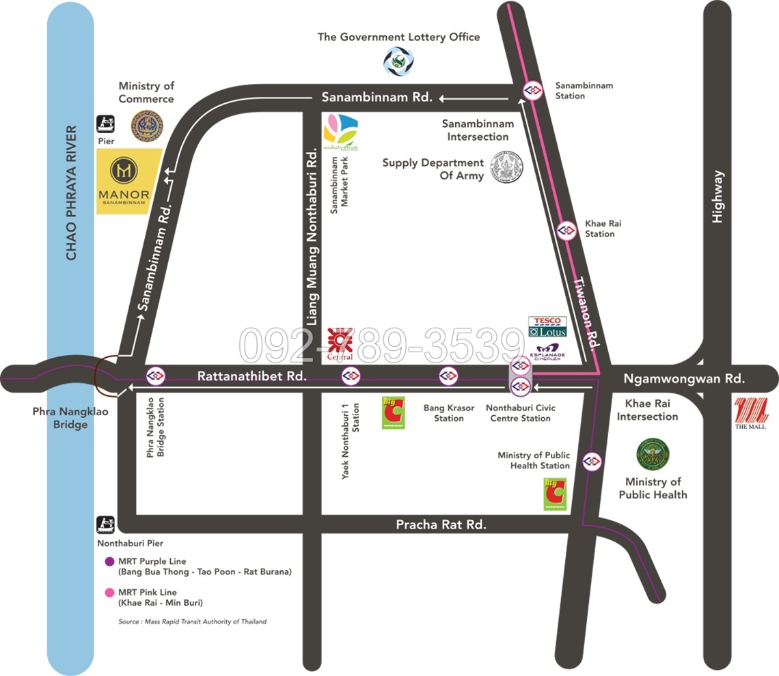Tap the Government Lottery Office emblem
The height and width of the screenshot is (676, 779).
[x=398, y=61]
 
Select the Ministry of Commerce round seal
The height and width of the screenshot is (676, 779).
[x=147, y=126]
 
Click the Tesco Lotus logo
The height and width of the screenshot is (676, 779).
[x=547, y=327]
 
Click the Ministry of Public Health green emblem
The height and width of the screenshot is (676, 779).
[x=653, y=455]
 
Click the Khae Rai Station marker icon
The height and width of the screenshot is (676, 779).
[x=566, y=230]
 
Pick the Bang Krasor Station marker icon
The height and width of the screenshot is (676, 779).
[x=448, y=375]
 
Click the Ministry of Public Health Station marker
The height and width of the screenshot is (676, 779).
[x=592, y=462]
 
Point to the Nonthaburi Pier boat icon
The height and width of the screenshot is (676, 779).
[x=106, y=524]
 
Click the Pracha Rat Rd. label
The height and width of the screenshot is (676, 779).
[x=441, y=525]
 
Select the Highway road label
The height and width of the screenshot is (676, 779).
[x=717, y=197]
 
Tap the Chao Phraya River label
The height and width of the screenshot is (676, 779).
[x=71, y=193]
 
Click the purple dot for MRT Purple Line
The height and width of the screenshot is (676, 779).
[x=109, y=562]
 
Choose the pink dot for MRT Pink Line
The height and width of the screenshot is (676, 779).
[x=109, y=593]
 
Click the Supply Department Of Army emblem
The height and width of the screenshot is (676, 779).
[x=506, y=167]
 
